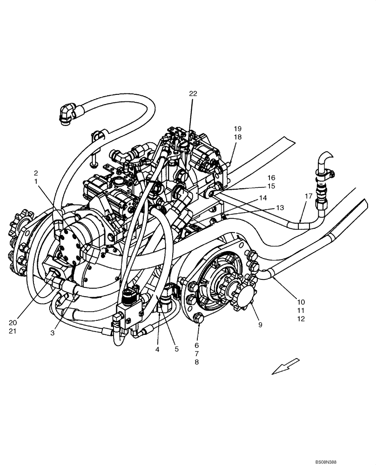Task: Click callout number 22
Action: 193,93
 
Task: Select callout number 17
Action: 308,196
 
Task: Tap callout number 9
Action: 260,325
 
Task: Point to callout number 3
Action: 53,333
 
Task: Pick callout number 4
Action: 157,349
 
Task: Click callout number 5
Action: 176,349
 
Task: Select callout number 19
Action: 238,128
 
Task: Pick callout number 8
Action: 196,362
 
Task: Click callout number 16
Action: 271,178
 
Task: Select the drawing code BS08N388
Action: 332,462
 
